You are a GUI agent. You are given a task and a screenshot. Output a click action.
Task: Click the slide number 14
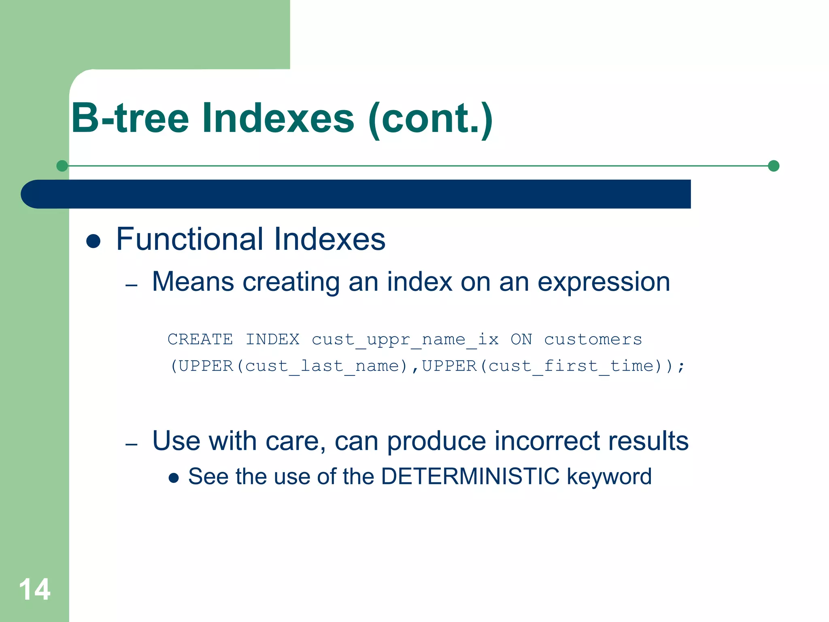pos(35,589)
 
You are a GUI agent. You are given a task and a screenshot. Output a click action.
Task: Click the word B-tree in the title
pos(130,118)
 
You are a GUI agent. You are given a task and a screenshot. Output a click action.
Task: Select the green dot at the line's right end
pos(773,166)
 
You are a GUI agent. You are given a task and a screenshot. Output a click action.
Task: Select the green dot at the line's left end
pos(62,166)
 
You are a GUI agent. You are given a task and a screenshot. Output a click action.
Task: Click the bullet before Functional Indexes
pos(94,241)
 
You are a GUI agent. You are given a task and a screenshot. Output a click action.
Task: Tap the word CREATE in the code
pos(200,339)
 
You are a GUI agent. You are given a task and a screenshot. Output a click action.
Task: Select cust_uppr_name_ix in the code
pos(405,339)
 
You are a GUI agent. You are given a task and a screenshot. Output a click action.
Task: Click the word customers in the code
pos(593,339)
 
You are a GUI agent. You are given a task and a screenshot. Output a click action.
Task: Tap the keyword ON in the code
pos(521,339)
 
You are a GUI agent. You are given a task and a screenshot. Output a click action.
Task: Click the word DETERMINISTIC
pos(470,476)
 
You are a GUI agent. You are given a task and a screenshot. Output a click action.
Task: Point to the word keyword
pos(609,477)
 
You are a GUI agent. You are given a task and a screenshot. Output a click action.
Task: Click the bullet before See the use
pos(174,478)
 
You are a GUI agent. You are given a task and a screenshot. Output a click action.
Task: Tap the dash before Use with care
pos(132,445)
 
